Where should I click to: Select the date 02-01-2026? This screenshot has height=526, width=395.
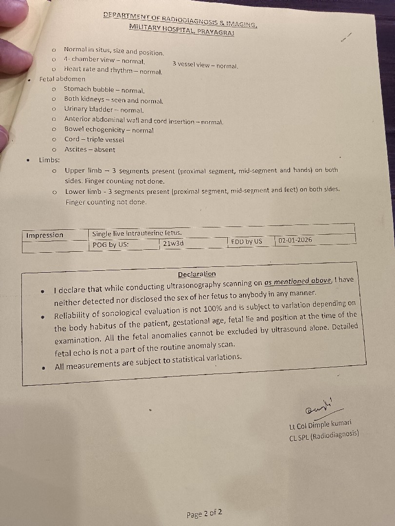[x=296, y=240]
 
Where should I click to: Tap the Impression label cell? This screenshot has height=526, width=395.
[x=45, y=235]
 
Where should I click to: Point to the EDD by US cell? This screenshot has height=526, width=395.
[x=246, y=241]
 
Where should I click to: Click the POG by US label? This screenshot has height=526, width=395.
[x=111, y=244]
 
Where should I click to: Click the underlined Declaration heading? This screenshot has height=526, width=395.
[x=197, y=274]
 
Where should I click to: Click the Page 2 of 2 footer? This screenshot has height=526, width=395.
[x=205, y=514]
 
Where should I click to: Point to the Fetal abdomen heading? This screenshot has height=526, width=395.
[x=62, y=79]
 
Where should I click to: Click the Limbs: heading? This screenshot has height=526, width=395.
[x=50, y=160]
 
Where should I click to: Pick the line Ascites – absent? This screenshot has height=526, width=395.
[x=90, y=150]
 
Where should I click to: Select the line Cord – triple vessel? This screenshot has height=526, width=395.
[x=94, y=139]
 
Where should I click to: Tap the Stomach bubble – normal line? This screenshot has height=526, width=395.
[x=104, y=90]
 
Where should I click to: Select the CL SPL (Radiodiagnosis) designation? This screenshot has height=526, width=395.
[x=324, y=433]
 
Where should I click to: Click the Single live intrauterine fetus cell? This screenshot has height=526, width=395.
[x=137, y=234]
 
